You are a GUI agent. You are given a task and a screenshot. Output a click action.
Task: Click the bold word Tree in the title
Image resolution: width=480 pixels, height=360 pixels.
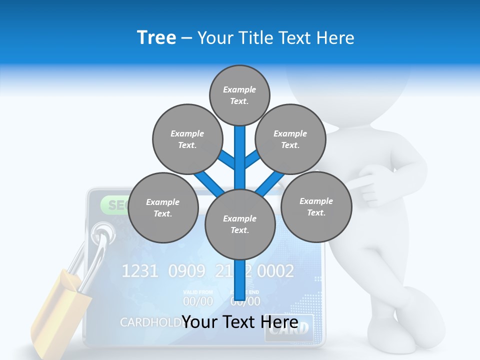coord(156,37)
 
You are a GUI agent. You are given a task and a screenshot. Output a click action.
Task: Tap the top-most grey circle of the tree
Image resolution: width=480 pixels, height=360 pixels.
coord(239,95)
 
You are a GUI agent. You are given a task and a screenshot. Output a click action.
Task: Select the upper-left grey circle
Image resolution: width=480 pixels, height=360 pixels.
coord(187,139)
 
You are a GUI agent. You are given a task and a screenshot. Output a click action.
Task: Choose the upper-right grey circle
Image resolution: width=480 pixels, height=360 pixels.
coord(290,139)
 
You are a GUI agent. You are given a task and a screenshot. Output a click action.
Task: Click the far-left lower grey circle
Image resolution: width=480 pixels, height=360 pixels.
coord(163,207)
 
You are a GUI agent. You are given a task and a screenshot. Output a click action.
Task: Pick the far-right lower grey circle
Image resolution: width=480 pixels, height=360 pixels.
coord(316,206)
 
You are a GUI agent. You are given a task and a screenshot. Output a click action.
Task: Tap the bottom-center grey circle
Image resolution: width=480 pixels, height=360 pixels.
coord(240,224)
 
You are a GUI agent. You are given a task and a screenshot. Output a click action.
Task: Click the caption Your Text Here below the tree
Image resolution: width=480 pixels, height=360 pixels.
coord(239,322)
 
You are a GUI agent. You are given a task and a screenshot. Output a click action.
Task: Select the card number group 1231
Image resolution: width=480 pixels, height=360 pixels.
coord(140,271)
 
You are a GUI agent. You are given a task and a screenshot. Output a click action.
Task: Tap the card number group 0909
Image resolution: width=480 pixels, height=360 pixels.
coord(186,271)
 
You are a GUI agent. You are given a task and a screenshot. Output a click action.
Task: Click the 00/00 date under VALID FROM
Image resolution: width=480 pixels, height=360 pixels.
coord(198,301)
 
